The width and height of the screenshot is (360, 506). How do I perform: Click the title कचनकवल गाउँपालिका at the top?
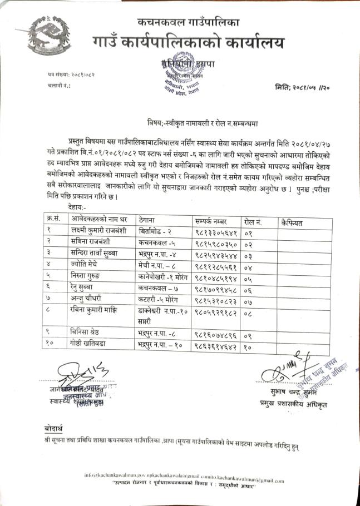(x=189, y=23)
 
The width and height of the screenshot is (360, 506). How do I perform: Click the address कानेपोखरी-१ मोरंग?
(x=165, y=277)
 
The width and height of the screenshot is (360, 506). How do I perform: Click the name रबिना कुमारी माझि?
(x=91, y=311)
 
